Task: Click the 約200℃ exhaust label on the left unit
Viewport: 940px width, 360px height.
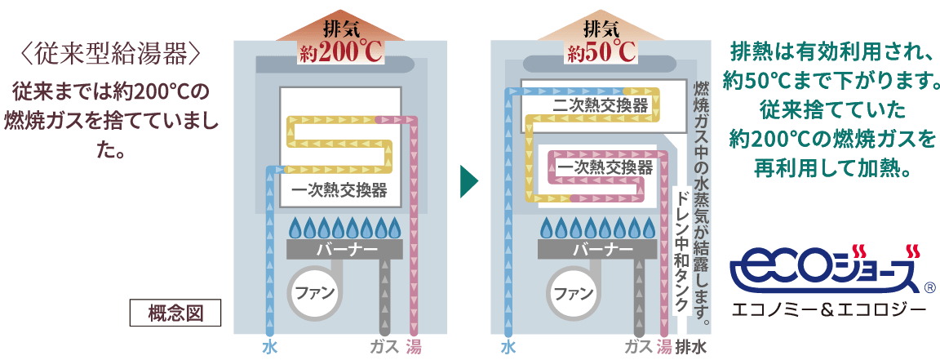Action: click(339, 51)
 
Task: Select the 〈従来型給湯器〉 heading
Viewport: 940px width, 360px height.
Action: click(111, 54)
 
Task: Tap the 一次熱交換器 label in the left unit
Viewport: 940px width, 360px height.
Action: click(339, 193)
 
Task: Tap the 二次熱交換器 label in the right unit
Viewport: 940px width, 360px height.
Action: click(600, 106)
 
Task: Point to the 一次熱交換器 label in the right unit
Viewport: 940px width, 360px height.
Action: click(605, 167)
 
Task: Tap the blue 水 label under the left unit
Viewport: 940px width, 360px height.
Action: click(270, 346)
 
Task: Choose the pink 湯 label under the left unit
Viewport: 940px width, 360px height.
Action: click(414, 346)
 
